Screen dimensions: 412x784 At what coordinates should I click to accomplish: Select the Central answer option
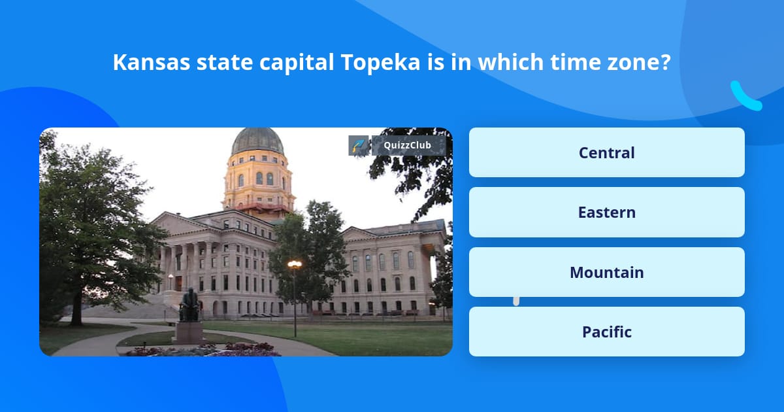[x=606, y=152]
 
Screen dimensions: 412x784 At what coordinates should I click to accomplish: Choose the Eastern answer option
[x=606, y=213]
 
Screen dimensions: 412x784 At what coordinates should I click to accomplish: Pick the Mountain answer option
[x=606, y=272]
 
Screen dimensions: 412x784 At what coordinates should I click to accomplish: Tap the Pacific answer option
[x=606, y=332]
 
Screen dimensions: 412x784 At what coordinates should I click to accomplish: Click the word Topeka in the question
[x=380, y=63]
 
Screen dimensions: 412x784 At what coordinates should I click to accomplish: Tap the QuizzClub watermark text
[x=408, y=145]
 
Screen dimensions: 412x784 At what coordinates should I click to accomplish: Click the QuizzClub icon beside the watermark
[x=359, y=145]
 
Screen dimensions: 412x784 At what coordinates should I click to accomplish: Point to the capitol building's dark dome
[x=257, y=141]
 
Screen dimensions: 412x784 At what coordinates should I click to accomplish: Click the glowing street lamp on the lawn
[x=295, y=265]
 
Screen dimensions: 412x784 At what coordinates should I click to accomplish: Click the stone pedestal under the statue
[x=189, y=332]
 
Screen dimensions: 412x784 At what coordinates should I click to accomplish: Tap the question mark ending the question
[x=666, y=63]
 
